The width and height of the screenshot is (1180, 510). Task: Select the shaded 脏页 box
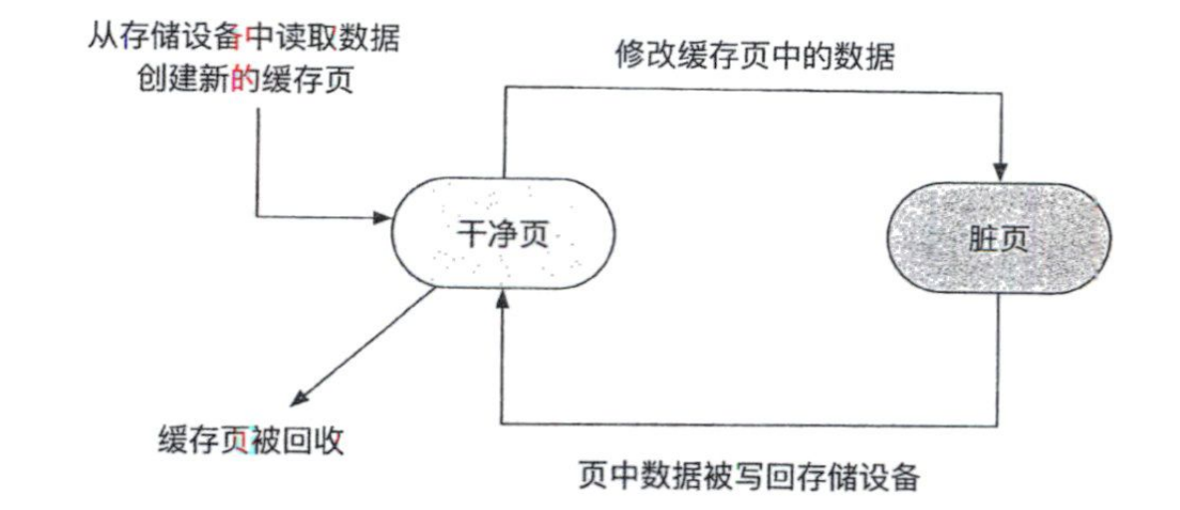point(999,240)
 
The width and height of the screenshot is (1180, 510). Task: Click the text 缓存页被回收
point(251,439)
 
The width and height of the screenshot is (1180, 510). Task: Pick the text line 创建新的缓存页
point(246,82)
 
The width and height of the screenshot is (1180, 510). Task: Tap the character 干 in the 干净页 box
point(467,235)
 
